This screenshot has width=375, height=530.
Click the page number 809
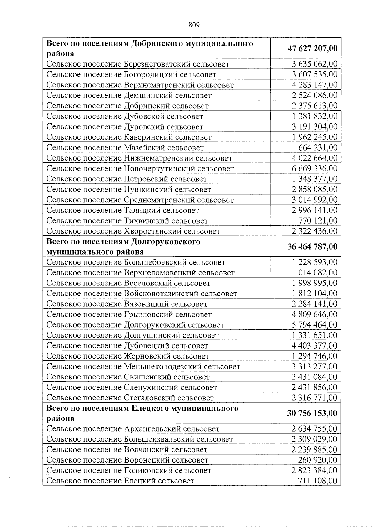tap(194, 25)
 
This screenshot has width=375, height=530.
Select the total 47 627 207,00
tap(312, 48)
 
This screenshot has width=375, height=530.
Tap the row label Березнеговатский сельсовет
tap(138, 64)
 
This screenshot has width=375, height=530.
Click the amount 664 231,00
tap(318, 147)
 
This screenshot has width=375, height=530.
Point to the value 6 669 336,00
tap(314, 168)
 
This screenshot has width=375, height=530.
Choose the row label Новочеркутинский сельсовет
tap(140, 169)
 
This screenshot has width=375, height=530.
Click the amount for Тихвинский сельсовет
tap(318, 220)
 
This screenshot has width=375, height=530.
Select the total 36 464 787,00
tap(312, 246)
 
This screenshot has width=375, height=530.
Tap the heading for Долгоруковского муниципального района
tap(123, 246)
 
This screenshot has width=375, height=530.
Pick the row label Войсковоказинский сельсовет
tap(142, 294)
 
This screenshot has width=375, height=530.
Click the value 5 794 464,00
tap(314, 325)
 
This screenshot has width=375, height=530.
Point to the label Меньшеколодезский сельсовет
tap(143, 367)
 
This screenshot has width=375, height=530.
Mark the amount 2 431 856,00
tap(314, 387)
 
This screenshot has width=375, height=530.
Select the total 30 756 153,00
tap(312, 413)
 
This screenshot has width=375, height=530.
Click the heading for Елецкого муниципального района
tap(142, 413)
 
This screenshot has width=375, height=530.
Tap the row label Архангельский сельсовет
tap(133, 429)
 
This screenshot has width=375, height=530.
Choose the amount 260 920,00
tap(318, 460)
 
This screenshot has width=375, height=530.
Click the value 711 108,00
tap(318, 481)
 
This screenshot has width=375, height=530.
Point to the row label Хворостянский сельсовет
tap(133, 231)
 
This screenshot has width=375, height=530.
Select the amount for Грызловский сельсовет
tap(314, 314)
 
